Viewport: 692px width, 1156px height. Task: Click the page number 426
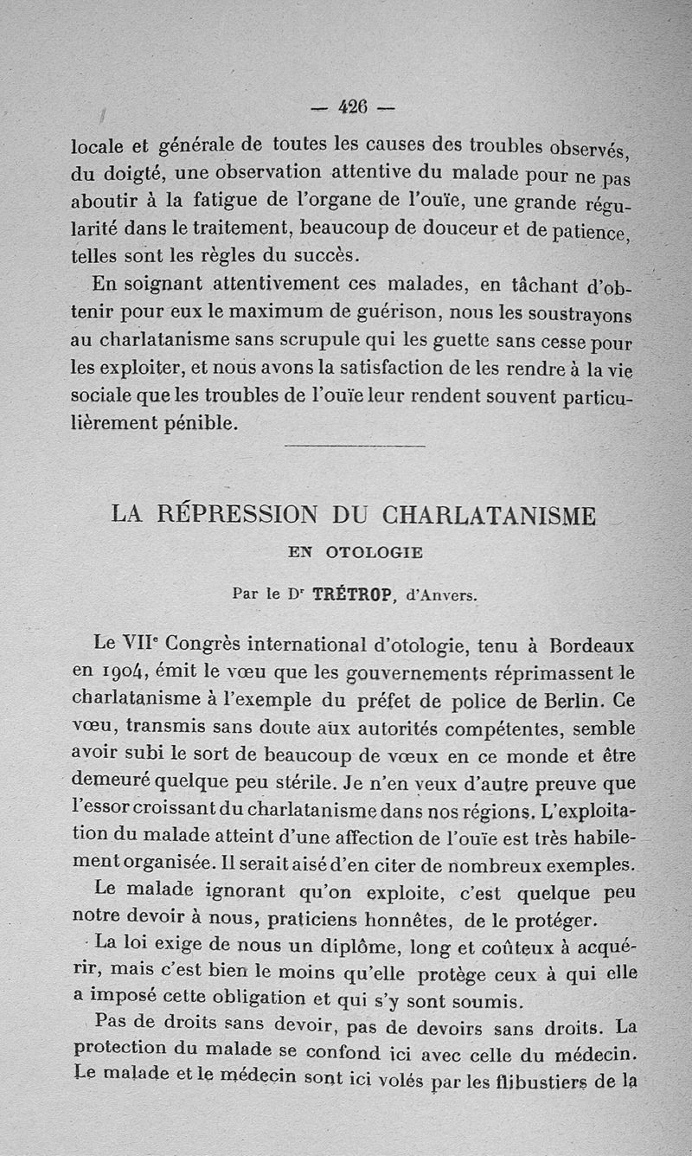tap(353, 107)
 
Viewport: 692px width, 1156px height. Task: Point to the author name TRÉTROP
tap(354, 594)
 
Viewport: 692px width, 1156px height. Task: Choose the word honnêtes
tap(420, 919)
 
